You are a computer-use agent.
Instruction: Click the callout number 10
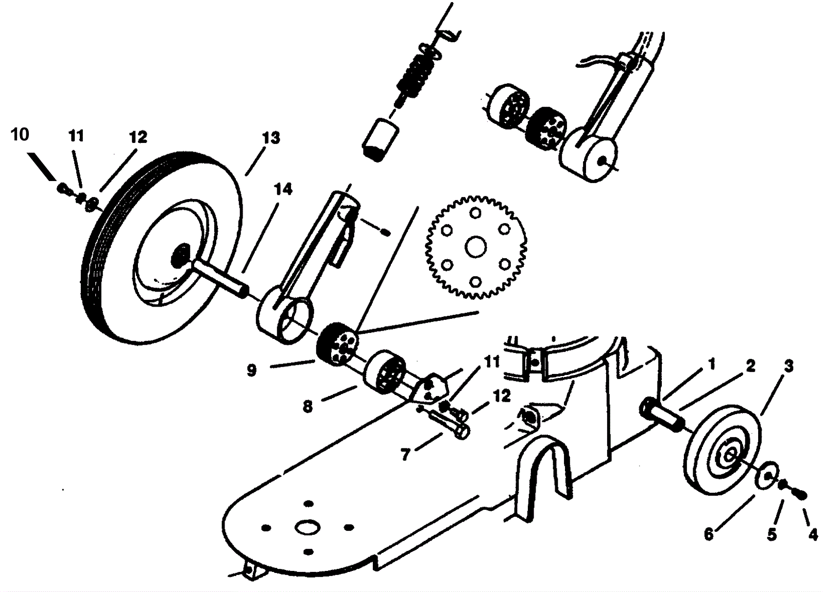[x=20, y=135]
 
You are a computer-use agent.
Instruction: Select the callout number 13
[x=271, y=138]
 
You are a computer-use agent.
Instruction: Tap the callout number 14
[x=283, y=189]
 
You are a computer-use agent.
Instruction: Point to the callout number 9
[x=251, y=370]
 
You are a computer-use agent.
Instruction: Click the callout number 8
[x=307, y=406]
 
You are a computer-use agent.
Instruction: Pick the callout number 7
[x=405, y=455]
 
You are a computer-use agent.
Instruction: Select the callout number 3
[x=788, y=366]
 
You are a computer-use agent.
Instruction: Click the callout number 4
[x=813, y=535]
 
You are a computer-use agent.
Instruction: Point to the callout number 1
[x=712, y=364]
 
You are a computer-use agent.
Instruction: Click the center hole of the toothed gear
[x=475, y=247]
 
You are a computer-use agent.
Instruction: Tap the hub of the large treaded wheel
[x=181, y=253]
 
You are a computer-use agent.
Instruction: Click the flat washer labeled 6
[x=767, y=475]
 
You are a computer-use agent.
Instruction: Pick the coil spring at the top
[x=415, y=76]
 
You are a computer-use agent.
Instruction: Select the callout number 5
[x=771, y=535]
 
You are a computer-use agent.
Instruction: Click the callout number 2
[x=750, y=366]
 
